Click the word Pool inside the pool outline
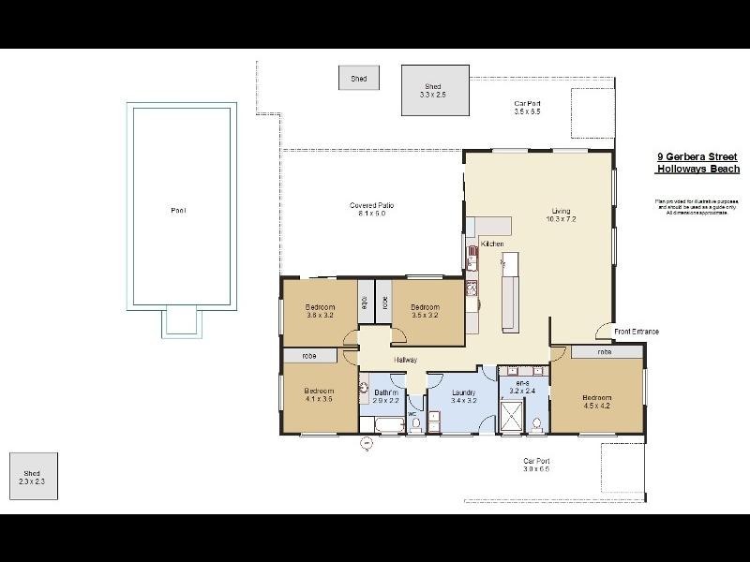(x=178, y=211)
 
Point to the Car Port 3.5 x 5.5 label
(x=527, y=108)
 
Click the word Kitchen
(x=493, y=244)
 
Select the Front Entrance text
(x=637, y=332)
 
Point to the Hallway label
(x=405, y=360)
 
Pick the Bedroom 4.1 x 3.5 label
(x=319, y=394)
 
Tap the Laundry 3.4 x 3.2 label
(x=464, y=396)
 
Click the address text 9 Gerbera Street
(x=697, y=158)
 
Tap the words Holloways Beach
(x=697, y=170)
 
